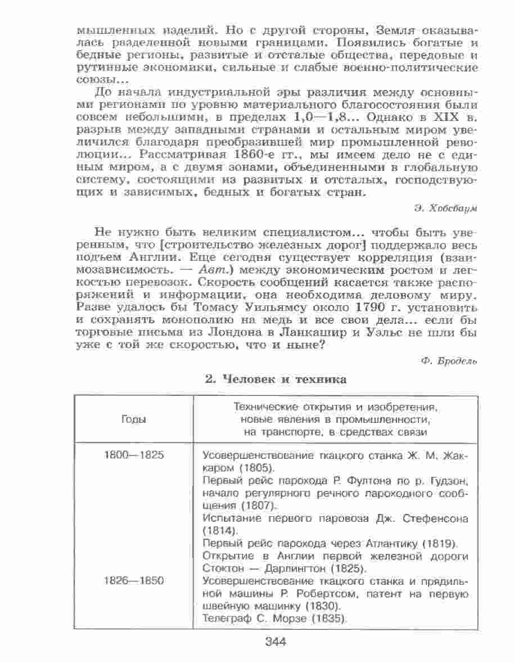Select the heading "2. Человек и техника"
(275, 380)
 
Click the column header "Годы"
(133, 420)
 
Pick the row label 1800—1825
(134, 455)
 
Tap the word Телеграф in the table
(221, 619)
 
